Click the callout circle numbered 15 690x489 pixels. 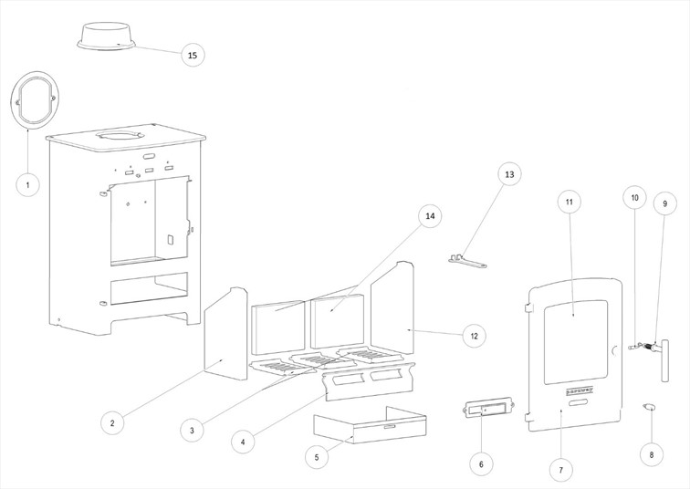[192, 56]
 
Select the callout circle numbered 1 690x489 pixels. [28, 184]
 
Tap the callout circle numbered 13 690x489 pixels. [509, 174]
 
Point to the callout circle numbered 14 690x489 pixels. [430, 216]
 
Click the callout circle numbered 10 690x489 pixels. [634, 197]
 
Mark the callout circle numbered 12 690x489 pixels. [474, 336]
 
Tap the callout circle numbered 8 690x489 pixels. [651, 453]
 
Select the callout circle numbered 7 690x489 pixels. [560, 470]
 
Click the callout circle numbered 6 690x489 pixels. [481, 464]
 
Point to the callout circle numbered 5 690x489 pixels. [316, 455]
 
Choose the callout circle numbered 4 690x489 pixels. [243, 442]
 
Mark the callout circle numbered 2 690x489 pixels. [111, 422]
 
